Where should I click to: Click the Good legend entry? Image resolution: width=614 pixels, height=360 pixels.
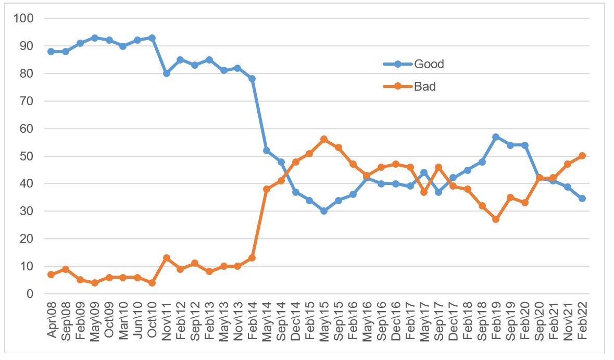click(429, 64)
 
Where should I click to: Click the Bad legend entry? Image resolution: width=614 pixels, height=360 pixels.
click(424, 86)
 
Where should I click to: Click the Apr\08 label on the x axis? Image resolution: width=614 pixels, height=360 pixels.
click(52, 319)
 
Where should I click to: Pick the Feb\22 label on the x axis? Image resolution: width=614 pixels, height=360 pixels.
click(582, 319)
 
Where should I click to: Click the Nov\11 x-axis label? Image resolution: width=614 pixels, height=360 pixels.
click(167, 319)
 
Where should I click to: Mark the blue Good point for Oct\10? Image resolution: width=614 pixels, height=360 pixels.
click(152, 38)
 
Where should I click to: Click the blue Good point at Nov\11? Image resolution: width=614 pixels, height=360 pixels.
click(167, 73)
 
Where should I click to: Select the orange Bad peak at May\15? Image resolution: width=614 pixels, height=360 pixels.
click(324, 140)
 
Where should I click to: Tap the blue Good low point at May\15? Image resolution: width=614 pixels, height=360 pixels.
click(324, 211)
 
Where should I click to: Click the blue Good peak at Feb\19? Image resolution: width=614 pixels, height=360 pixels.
click(496, 137)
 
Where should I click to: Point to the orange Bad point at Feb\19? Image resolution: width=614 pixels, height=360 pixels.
click(496, 219)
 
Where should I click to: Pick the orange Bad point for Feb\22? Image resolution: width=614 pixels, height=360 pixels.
click(582, 156)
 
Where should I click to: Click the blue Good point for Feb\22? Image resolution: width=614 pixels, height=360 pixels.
click(582, 198)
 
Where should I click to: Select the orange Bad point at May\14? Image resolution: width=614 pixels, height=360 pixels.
click(267, 189)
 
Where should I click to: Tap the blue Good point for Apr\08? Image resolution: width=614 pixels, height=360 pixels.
click(51, 52)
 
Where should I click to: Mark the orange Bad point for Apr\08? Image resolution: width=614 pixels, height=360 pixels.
click(51, 275)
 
